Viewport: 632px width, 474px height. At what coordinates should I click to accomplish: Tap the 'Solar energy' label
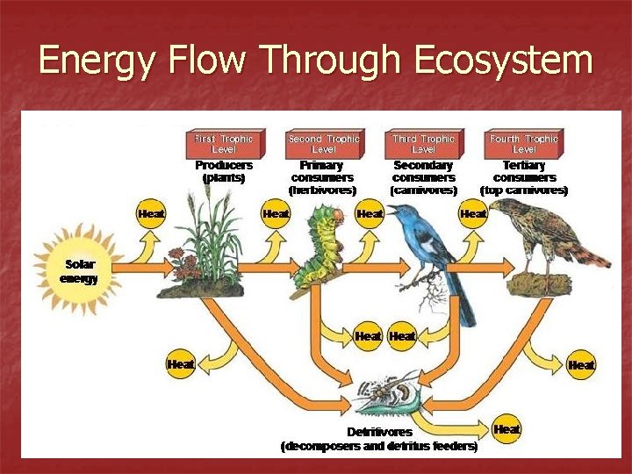(78, 271)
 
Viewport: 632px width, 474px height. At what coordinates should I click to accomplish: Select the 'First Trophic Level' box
(224, 143)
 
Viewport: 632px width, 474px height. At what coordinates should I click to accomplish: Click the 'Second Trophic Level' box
(324, 143)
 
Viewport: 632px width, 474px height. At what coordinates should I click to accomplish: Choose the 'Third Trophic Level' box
(424, 143)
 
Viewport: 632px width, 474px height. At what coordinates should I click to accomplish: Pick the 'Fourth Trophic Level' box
(524, 143)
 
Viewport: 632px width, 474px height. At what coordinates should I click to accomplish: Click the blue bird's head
(403, 215)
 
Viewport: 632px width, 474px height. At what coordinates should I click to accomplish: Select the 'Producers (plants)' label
(224, 170)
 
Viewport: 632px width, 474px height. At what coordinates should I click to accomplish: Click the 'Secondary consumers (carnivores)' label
(424, 176)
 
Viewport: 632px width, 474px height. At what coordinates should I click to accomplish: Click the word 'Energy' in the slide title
(92, 61)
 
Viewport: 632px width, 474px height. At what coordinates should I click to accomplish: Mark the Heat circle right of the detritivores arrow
(506, 429)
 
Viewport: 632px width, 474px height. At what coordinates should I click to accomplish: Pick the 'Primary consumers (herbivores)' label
(322, 176)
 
